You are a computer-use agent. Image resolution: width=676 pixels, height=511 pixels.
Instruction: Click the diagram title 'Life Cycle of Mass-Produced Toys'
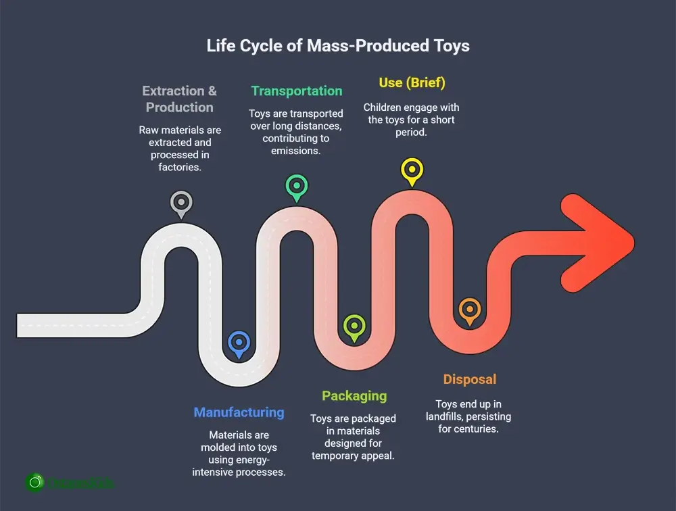(338, 47)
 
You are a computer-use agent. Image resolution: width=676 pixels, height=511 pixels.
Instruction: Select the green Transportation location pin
(296, 186)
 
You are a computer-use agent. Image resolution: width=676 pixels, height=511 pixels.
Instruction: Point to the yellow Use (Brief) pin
(411, 169)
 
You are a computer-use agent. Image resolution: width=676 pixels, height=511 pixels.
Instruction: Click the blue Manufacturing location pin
(239, 343)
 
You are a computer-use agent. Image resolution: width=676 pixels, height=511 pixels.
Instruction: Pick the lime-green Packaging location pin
(354, 326)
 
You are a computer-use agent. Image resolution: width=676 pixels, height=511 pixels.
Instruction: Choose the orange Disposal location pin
(468, 310)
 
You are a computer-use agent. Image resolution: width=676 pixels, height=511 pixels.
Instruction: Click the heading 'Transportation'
(297, 91)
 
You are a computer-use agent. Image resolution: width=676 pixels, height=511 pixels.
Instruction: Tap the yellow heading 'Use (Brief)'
(412, 82)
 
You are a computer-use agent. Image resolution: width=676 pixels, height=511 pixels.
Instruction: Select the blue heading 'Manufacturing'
(239, 412)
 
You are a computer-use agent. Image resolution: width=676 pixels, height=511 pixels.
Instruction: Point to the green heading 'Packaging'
(354, 396)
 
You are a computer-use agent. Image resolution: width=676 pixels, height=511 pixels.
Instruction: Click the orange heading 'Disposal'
(469, 379)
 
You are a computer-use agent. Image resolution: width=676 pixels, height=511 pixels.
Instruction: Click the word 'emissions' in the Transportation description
(296, 151)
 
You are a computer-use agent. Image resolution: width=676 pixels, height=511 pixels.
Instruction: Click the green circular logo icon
(34, 482)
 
